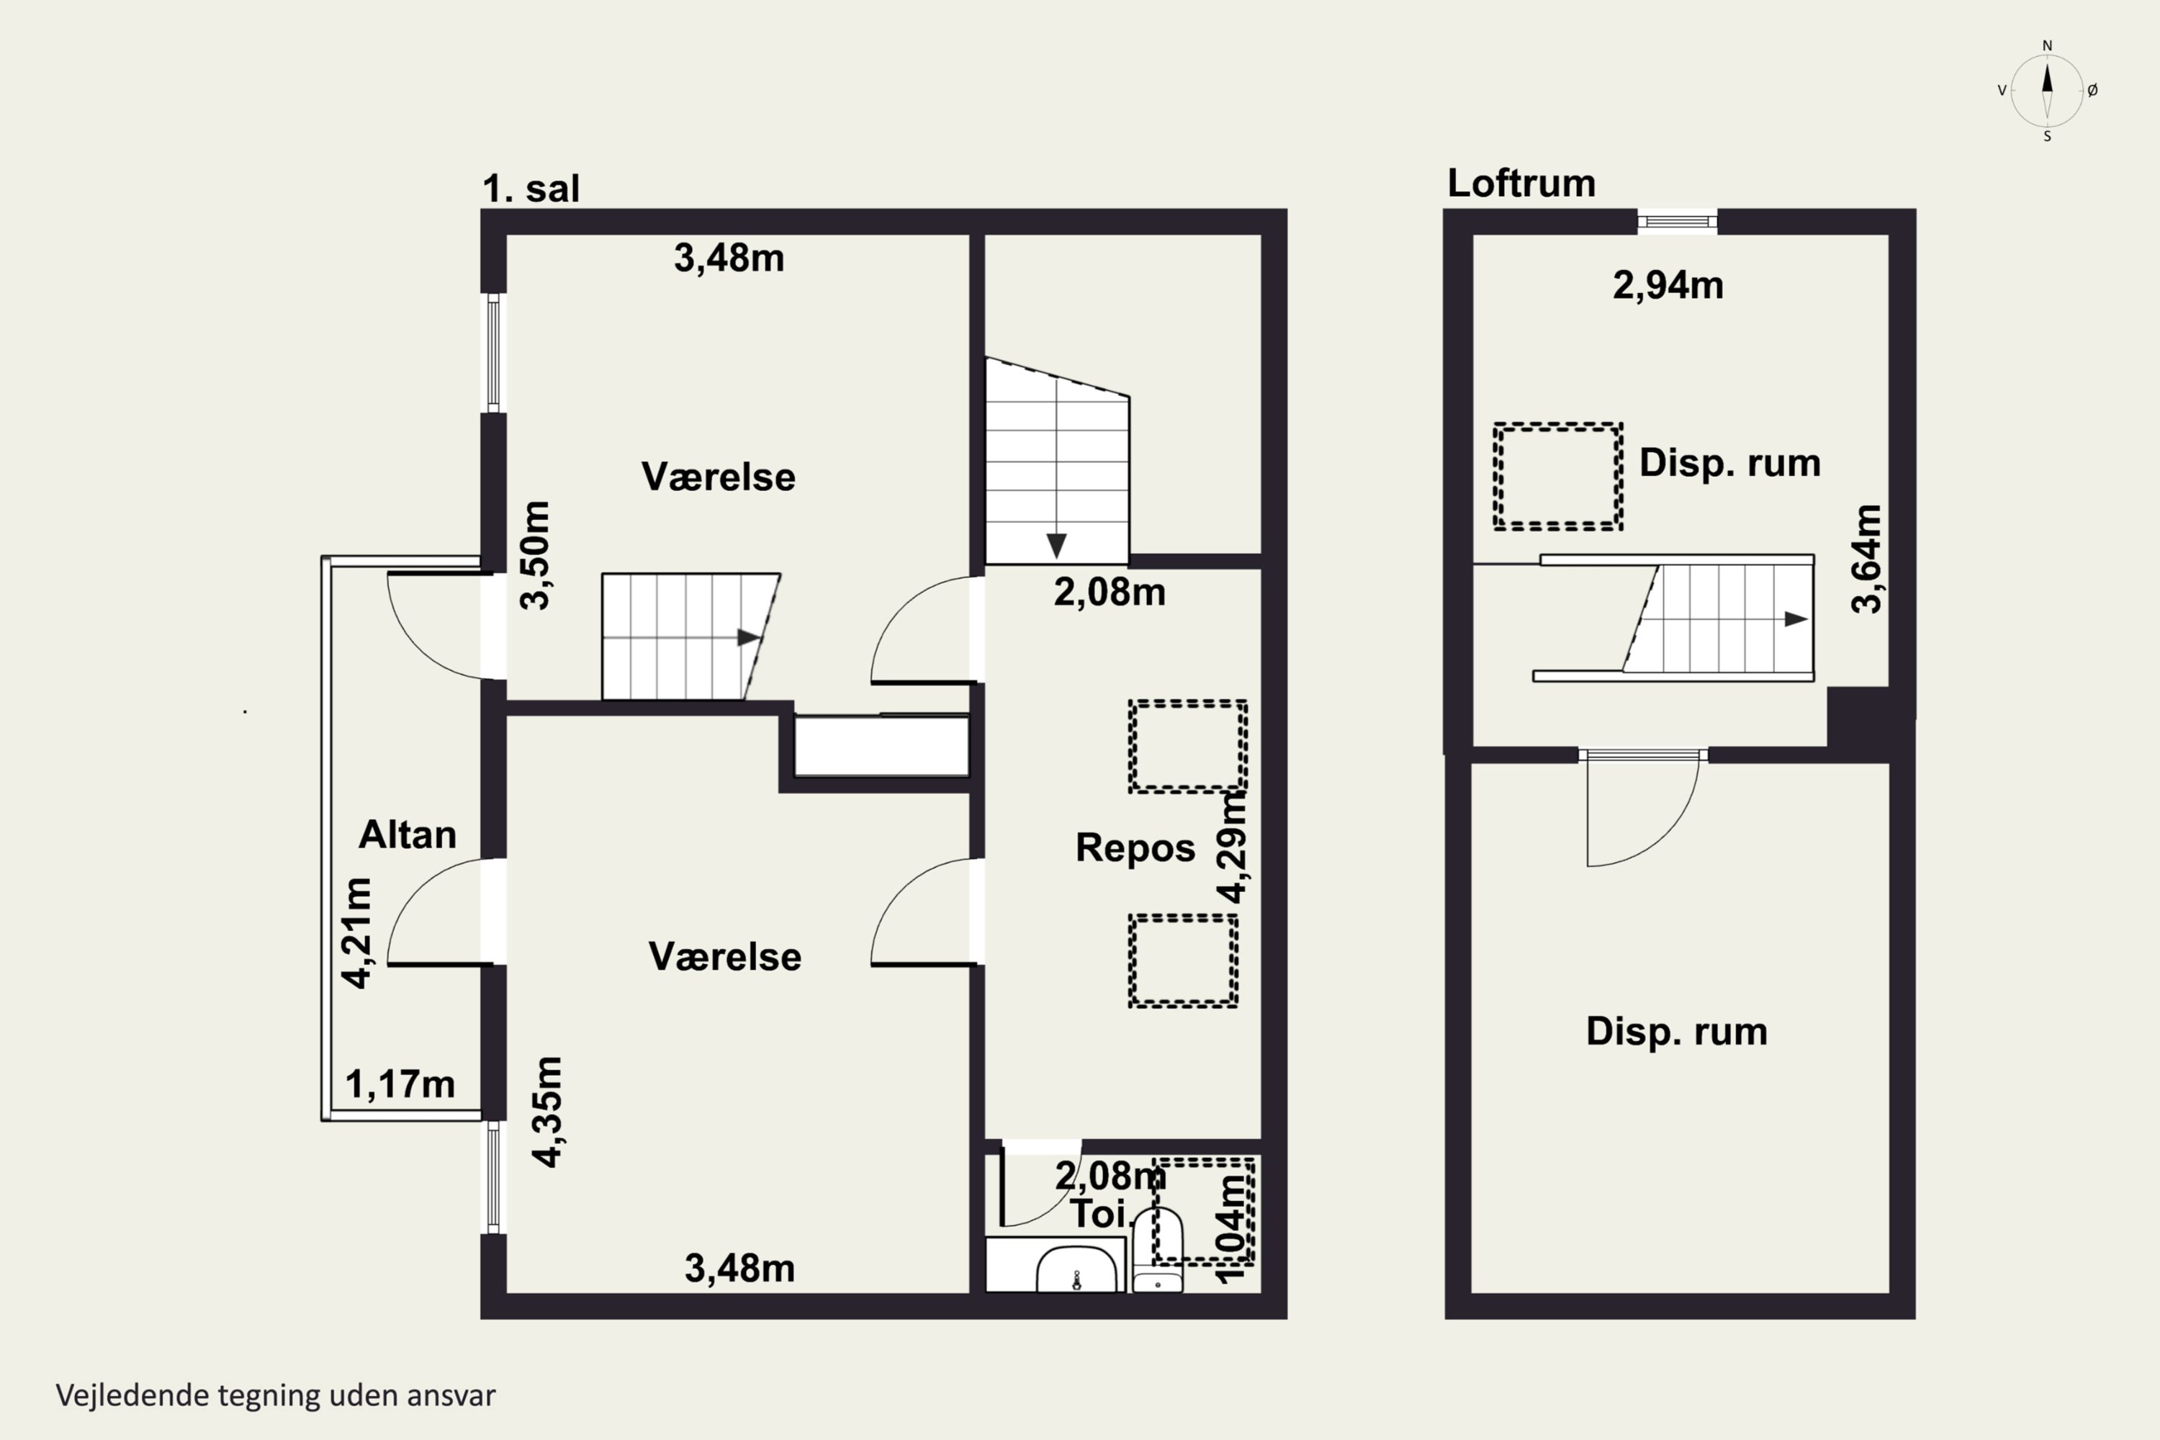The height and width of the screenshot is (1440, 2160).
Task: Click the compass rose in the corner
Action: [x=2047, y=90]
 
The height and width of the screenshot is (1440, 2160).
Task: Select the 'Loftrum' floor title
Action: [x=1521, y=183]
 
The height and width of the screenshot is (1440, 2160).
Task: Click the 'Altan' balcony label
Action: [x=407, y=834]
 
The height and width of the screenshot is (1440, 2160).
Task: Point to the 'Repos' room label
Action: [x=1135, y=847]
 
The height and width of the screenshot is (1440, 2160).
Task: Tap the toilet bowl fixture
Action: [x=1157, y=1250]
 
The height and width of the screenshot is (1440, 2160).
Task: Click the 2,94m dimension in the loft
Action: [x=1668, y=286]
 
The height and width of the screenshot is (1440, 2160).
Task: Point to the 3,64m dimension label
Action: [x=1867, y=559]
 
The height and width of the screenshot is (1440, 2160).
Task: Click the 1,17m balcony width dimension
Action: [x=400, y=1084]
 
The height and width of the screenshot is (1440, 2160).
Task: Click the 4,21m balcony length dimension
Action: [x=357, y=932]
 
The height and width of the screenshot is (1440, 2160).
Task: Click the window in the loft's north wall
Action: [x=1678, y=221]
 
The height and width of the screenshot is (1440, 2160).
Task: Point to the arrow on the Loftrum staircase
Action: [x=1796, y=619]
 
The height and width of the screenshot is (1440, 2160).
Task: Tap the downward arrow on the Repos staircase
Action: [x=1056, y=546]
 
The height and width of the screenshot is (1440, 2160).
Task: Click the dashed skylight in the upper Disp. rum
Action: [x=1557, y=477]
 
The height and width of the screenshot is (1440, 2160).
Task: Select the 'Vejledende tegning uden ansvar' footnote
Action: [x=276, y=1395]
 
